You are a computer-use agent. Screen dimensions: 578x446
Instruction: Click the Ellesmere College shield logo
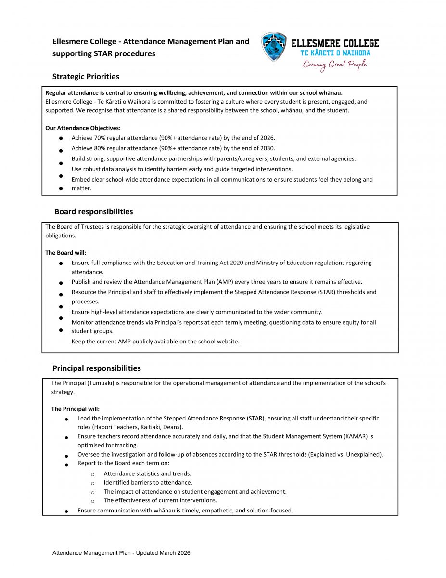(x=274, y=47)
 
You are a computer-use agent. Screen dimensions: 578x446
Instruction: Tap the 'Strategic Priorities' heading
(x=86, y=77)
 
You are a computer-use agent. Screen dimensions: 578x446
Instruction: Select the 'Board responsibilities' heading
(x=93, y=212)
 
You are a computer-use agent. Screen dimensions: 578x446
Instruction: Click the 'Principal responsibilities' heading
(x=96, y=368)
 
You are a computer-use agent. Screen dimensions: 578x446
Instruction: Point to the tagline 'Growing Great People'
(x=335, y=65)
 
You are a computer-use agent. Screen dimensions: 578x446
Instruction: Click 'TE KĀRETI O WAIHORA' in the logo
(x=335, y=53)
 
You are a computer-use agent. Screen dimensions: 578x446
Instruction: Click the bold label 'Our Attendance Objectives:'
(x=83, y=128)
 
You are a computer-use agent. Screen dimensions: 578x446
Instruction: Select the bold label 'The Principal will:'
(x=76, y=409)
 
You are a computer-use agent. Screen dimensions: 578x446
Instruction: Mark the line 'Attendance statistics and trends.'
(x=147, y=473)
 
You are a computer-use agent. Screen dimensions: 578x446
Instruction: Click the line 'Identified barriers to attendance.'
(x=148, y=483)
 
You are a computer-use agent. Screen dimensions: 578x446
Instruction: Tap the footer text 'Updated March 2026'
(x=163, y=553)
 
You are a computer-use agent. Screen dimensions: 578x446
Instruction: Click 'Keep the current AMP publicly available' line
(x=155, y=342)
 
